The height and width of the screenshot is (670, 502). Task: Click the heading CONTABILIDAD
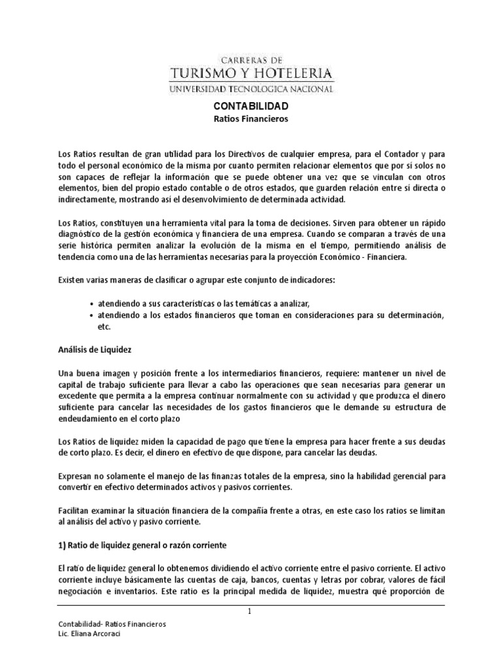251,105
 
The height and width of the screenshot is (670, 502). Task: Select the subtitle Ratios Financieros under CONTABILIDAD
251,119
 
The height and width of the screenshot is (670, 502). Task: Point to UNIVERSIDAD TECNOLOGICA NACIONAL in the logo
251,88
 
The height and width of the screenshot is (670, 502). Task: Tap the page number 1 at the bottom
250,612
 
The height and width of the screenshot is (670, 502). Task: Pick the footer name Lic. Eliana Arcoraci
92,634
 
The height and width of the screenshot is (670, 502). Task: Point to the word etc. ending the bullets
105,326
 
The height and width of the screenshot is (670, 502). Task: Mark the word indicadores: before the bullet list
307,281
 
